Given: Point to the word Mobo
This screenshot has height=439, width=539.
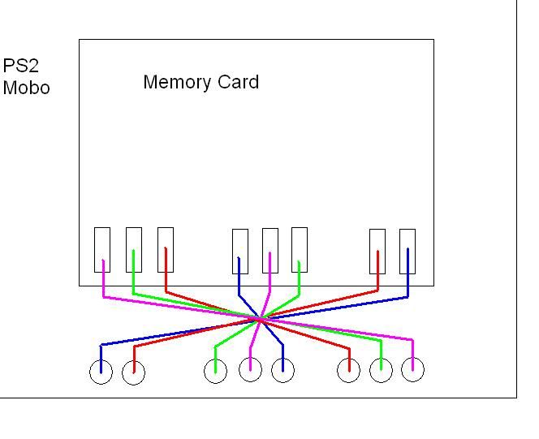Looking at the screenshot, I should pyautogui.click(x=26, y=88).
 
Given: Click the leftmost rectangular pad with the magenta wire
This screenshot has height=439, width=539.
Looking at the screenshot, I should pyautogui.click(x=102, y=249).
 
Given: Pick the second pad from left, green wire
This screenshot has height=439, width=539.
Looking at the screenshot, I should pyautogui.click(x=134, y=249).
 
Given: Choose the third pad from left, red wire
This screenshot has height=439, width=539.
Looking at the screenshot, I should pyautogui.click(x=166, y=249).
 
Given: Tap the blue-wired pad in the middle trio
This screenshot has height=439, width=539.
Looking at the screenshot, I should pyautogui.click(x=239, y=251).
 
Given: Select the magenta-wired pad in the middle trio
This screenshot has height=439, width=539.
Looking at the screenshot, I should pyautogui.click(x=270, y=251).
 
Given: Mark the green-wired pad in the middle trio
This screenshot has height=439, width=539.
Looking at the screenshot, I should pyautogui.click(x=300, y=249).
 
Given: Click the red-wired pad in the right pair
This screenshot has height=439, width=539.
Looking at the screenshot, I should pyautogui.click(x=377, y=251).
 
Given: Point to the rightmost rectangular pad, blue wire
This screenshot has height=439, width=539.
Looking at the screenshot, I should pyautogui.click(x=407, y=251).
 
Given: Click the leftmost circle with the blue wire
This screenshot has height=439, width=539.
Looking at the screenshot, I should pyautogui.click(x=101, y=372).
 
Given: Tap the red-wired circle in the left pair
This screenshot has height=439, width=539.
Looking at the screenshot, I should pyautogui.click(x=133, y=373).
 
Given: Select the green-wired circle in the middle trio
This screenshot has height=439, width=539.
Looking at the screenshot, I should pyautogui.click(x=215, y=371).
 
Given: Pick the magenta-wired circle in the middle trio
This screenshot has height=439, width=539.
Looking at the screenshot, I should pyautogui.click(x=251, y=370).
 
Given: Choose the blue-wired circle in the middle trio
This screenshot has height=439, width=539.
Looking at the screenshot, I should pyautogui.click(x=282, y=371).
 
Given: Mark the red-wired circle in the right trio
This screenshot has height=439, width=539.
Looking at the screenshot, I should pyautogui.click(x=349, y=371).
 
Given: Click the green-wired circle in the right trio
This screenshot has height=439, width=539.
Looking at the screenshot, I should pyautogui.click(x=381, y=370).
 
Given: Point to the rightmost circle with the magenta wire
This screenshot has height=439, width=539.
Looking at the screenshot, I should pyautogui.click(x=413, y=369).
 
